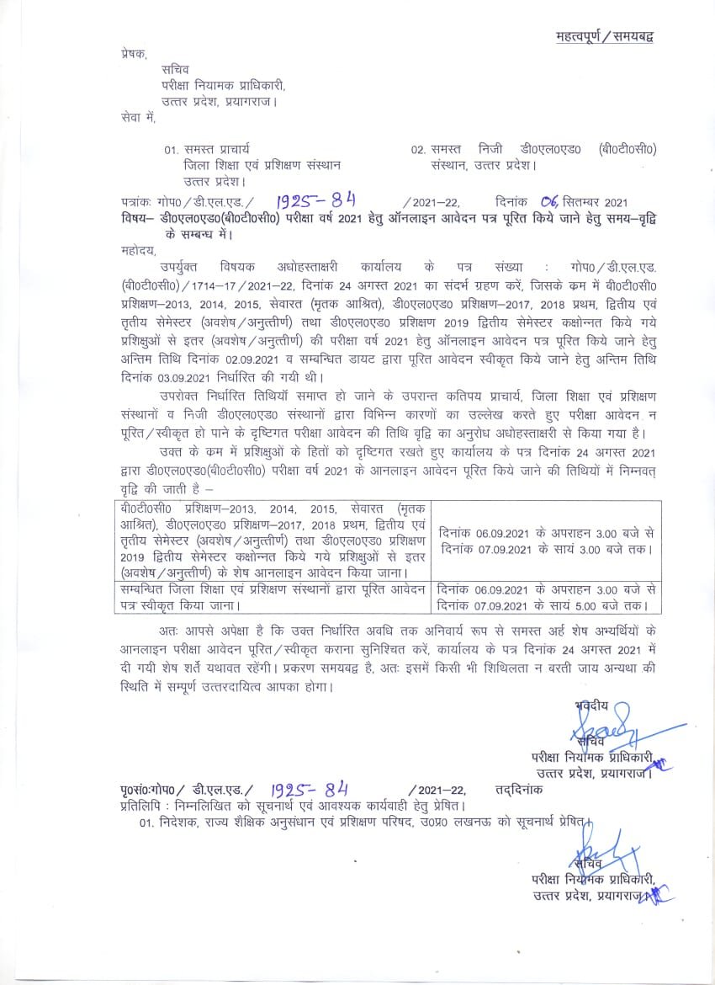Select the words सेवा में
click(139, 117)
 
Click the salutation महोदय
click(140, 250)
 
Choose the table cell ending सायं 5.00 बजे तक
click(546, 597)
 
